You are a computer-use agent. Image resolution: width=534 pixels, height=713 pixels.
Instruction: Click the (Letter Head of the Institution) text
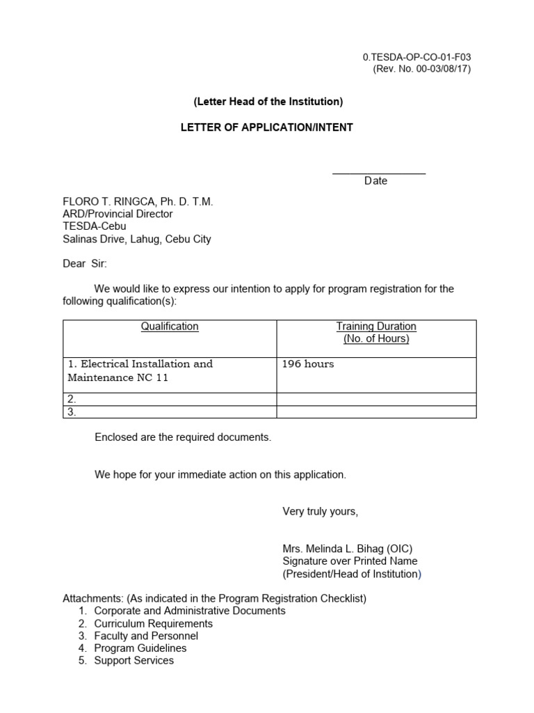(268, 102)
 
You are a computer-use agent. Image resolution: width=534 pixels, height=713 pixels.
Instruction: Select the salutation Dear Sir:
(86, 264)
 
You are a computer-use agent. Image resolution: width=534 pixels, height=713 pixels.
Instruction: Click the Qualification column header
(170, 326)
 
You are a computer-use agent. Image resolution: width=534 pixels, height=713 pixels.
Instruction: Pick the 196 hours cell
(307, 364)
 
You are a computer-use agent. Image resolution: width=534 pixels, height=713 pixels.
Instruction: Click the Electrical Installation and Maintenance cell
(140, 370)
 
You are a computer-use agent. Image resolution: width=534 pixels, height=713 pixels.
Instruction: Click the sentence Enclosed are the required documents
(183, 437)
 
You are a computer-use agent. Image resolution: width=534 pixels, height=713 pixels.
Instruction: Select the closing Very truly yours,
(320, 512)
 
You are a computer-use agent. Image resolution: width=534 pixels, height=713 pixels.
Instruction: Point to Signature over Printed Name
(350, 561)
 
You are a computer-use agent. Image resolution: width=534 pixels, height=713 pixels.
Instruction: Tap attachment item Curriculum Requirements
(154, 623)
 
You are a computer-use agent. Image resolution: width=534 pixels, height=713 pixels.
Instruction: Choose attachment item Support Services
(134, 660)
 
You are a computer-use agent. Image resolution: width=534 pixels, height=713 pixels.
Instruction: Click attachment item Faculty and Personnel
(146, 636)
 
